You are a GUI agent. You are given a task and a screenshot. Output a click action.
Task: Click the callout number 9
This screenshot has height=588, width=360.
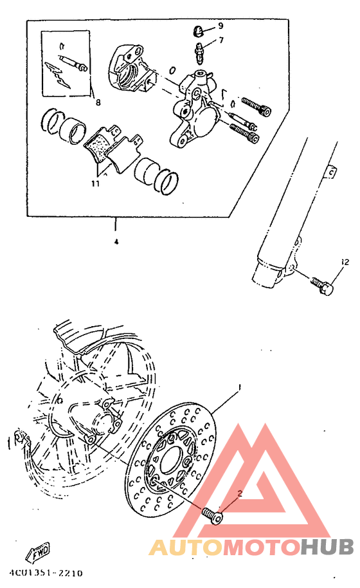pyautogui.click(x=221, y=26)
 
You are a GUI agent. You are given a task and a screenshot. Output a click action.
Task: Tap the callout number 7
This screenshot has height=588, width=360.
pyautogui.click(x=221, y=41)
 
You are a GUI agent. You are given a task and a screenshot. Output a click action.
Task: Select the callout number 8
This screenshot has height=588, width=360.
pyautogui.click(x=98, y=102)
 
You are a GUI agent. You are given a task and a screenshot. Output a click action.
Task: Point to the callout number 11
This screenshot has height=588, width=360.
pyautogui.click(x=95, y=183)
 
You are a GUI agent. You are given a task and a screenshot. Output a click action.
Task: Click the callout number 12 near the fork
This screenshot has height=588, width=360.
pyautogui.click(x=345, y=262)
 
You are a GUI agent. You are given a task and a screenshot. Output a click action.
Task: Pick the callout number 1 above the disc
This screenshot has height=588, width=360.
pyautogui.click(x=239, y=388)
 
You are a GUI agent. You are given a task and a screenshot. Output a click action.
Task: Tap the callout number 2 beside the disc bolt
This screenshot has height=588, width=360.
pyautogui.click(x=239, y=494)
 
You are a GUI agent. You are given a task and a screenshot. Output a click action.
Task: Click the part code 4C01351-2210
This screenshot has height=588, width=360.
pyautogui.click(x=46, y=572)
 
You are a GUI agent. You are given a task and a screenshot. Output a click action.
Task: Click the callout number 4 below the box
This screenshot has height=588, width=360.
pyautogui.click(x=116, y=243)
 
